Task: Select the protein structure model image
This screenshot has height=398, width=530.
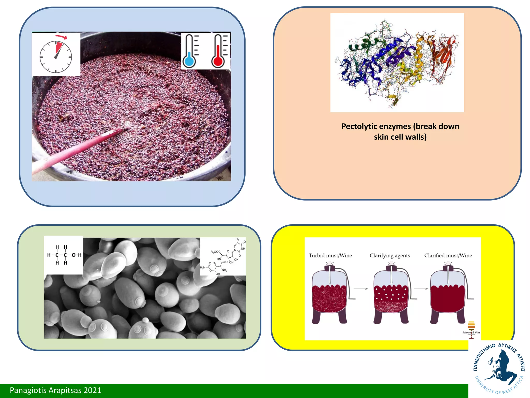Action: point(397,63)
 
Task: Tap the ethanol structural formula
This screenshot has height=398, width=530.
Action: point(64,255)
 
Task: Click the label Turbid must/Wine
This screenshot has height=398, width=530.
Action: point(330,255)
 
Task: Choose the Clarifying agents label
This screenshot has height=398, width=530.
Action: point(390,255)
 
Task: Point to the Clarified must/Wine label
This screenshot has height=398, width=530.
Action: point(448,255)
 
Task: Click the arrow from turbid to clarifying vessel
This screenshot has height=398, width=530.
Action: point(361,289)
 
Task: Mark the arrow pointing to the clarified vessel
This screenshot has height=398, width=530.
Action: point(421,289)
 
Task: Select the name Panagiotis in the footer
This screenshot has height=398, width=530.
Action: point(28,390)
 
